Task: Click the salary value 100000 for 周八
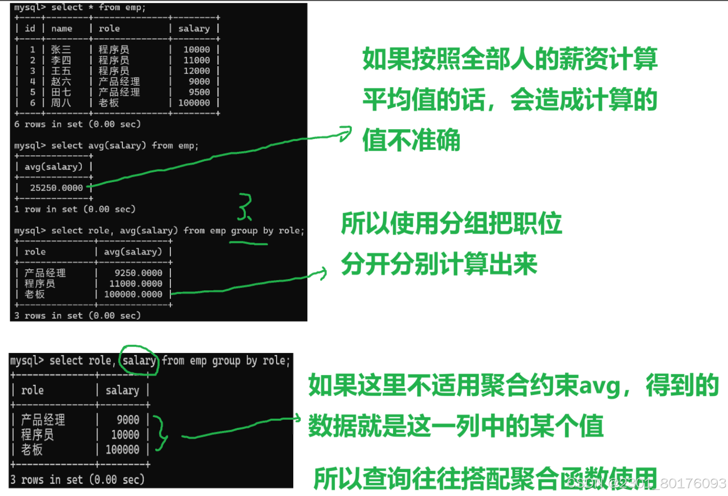tap(194, 103)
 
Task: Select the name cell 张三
tap(61, 49)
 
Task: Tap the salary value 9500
tap(199, 92)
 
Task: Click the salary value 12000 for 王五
tap(196, 71)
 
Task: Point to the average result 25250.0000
tap(56, 188)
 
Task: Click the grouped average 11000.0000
tap(136, 283)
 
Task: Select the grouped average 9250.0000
tap(138, 273)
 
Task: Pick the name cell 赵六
tap(61, 81)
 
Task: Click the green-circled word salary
tap(139, 361)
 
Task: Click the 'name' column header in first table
tap(62, 29)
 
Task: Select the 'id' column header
tap(30, 29)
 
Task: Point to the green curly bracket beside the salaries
tap(160, 433)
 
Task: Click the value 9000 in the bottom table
tap(128, 420)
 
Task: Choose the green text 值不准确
tap(411, 141)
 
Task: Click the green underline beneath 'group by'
tap(249, 243)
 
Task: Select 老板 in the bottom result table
tap(32, 449)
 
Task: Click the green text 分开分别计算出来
tap(439, 264)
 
